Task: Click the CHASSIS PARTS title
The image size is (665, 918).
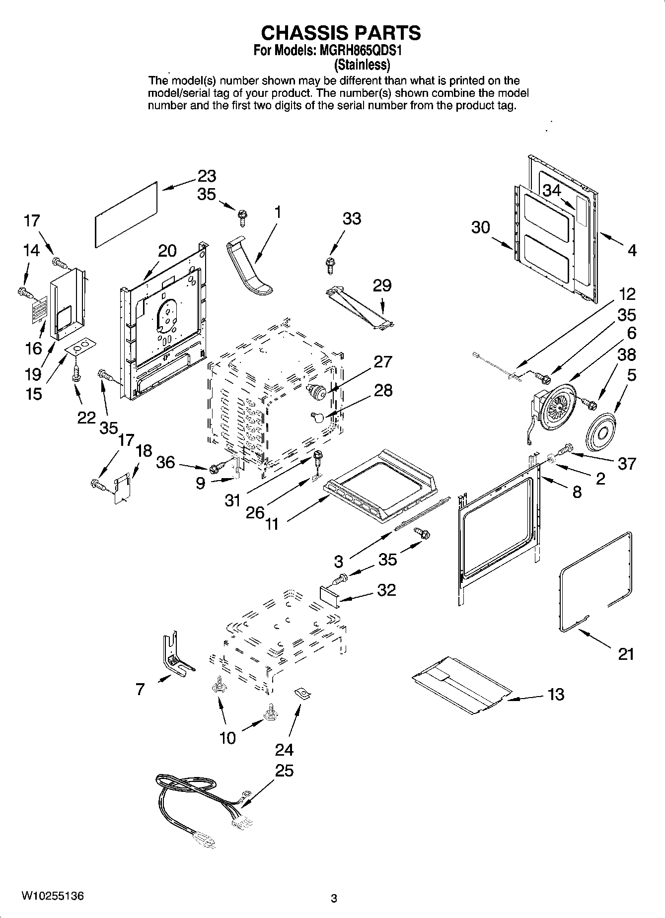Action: [x=341, y=33]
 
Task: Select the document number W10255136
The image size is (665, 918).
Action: [x=52, y=896]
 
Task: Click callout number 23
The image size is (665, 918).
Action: [x=207, y=176]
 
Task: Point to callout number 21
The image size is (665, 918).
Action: [x=626, y=654]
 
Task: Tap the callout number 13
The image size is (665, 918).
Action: [x=556, y=694]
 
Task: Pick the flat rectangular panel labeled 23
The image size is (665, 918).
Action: [x=127, y=212]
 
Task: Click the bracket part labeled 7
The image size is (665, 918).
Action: [x=174, y=655]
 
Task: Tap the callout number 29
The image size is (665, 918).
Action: [x=382, y=285]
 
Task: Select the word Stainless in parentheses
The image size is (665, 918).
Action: [x=361, y=64]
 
